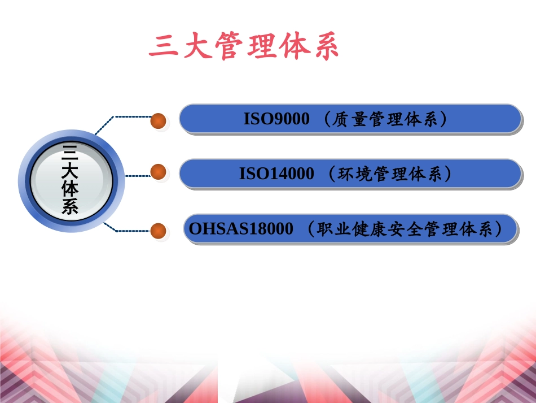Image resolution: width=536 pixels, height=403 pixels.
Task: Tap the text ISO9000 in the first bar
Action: (276, 119)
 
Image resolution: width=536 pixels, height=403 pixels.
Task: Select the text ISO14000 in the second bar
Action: (276, 174)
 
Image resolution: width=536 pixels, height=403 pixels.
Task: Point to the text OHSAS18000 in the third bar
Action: (241, 229)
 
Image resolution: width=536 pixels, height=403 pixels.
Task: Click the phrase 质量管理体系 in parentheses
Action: (386, 119)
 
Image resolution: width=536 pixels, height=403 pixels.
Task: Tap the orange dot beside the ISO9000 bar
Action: (159, 121)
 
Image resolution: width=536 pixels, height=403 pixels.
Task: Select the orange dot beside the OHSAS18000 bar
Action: (159, 231)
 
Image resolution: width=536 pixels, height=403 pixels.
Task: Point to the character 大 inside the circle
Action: (70, 170)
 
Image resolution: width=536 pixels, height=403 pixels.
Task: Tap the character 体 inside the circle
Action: (70, 189)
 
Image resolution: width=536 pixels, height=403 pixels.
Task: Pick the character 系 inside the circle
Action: (70, 207)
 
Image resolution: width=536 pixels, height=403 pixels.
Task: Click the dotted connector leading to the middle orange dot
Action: (137, 176)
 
